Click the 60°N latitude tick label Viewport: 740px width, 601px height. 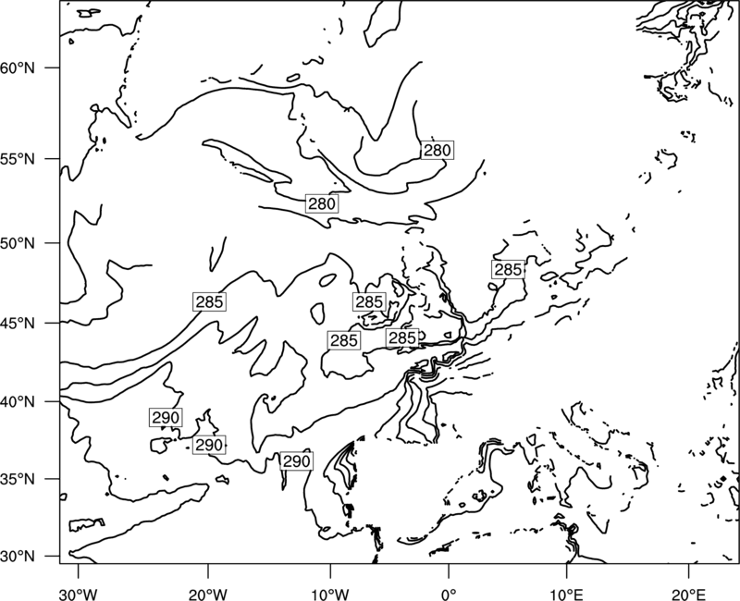[x=18, y=68]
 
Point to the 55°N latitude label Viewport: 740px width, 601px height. [x=18, y=159]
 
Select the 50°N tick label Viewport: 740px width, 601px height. [x=18, y=243]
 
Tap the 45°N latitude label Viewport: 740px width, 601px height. [x=18, y=324]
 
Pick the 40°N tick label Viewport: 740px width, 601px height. [x=18, y=402]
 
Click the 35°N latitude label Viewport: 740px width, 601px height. [x=18, y=479]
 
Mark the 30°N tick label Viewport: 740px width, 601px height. [x=18, y=557]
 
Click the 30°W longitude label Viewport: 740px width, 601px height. [x=79, y=594]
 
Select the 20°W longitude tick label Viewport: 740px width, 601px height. [x=207, y=594]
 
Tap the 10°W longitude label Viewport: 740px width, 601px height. [x=330, y=594]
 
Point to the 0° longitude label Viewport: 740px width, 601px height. [x=449, y=594]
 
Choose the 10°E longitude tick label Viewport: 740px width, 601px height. [x=566, y=594]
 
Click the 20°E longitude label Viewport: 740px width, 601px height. [x=689, y=594]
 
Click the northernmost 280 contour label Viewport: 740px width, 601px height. [x=437, y=150]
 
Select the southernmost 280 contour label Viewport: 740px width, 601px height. [x=322, y=203]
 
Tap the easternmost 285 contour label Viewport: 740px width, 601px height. [x=508, y=269]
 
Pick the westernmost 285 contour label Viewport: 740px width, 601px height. [x=210, y=301]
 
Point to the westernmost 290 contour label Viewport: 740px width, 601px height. [x=166, y=418]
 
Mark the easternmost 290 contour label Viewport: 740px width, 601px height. [x=296, y=460]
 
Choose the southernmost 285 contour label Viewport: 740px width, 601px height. [x=344, y=340]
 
